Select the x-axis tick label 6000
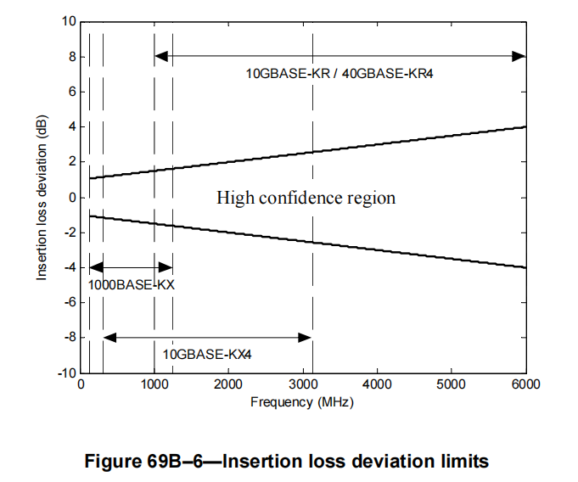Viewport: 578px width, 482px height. coord(526,385)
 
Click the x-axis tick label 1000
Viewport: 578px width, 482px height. coord(154,385)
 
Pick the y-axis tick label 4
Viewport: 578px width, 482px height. coord(71,126)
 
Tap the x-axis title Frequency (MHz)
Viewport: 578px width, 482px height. coord(301,401)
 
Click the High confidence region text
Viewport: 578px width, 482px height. coord(306,198)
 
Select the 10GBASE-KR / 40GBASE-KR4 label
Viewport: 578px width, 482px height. coord(340,75)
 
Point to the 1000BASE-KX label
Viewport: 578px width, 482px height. coord(132,285)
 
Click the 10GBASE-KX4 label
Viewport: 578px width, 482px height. coord(207,354)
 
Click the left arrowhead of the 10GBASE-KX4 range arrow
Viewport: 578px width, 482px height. coord(108,338)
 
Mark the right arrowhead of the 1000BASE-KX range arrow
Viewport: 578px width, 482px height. coord(168,266)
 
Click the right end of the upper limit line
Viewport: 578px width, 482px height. coord(526,126)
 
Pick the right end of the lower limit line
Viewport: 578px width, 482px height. coord(526,267)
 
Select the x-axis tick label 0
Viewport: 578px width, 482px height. coord(81,385)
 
